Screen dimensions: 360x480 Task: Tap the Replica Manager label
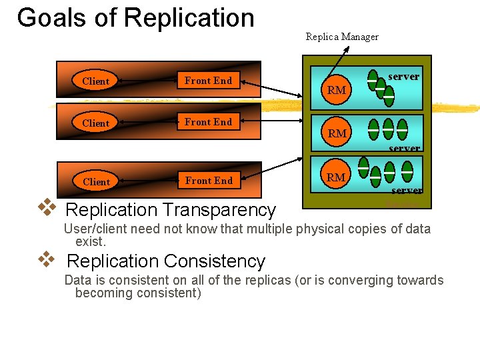click(x=342, y=37)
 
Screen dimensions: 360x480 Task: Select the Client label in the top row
click(x=95, y=81)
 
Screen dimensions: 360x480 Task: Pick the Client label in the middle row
click(x=95, y=123)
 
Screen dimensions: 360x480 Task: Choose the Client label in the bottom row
click(x=96, y=181)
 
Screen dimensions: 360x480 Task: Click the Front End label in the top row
click(x=208, y=81)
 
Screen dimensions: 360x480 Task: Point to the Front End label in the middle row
click(x=208, y=122)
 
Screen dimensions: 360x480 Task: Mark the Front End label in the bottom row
click(x=209, y=181)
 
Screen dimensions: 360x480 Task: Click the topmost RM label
click(x=337, y=90)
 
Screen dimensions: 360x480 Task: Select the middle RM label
click(x=337, y=133)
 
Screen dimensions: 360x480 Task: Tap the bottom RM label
click(x=336, y=177)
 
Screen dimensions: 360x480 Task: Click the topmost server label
click(x=403, y=77)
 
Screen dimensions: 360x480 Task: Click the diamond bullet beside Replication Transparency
click(x=46, y=207)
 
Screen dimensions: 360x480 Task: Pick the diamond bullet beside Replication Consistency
click(x=46, y=259)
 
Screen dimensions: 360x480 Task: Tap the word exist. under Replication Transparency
click(x=91, y=241)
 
